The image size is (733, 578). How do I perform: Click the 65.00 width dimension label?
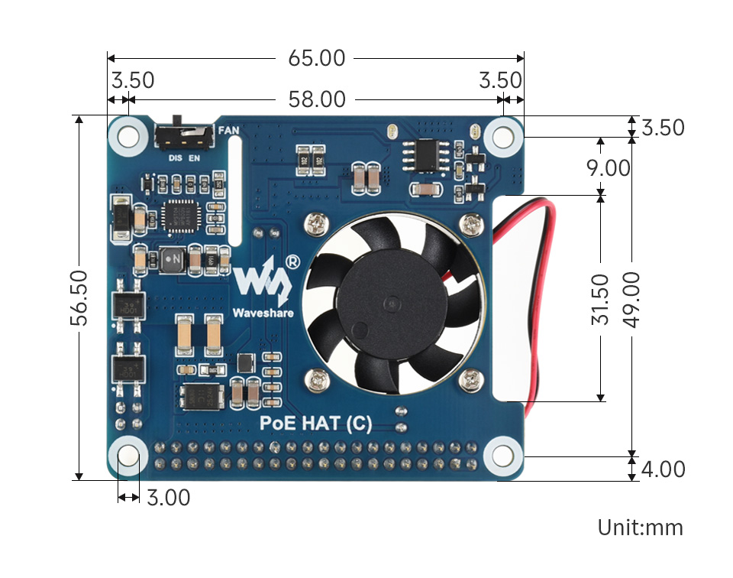coord(316,58)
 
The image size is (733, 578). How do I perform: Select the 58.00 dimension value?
coord(316,99)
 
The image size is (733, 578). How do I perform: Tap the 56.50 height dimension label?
coord(79,297)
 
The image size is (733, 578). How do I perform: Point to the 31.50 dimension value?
coord(601,298)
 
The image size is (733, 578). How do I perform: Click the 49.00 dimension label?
coord(631,298)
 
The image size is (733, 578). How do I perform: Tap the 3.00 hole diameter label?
coord(168,498)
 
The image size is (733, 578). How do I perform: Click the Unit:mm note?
coord(640,528)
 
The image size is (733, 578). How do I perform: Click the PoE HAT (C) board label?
coord(316,424)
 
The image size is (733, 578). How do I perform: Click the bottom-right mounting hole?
coord(502,456)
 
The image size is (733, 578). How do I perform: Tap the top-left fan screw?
coord(316,223)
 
